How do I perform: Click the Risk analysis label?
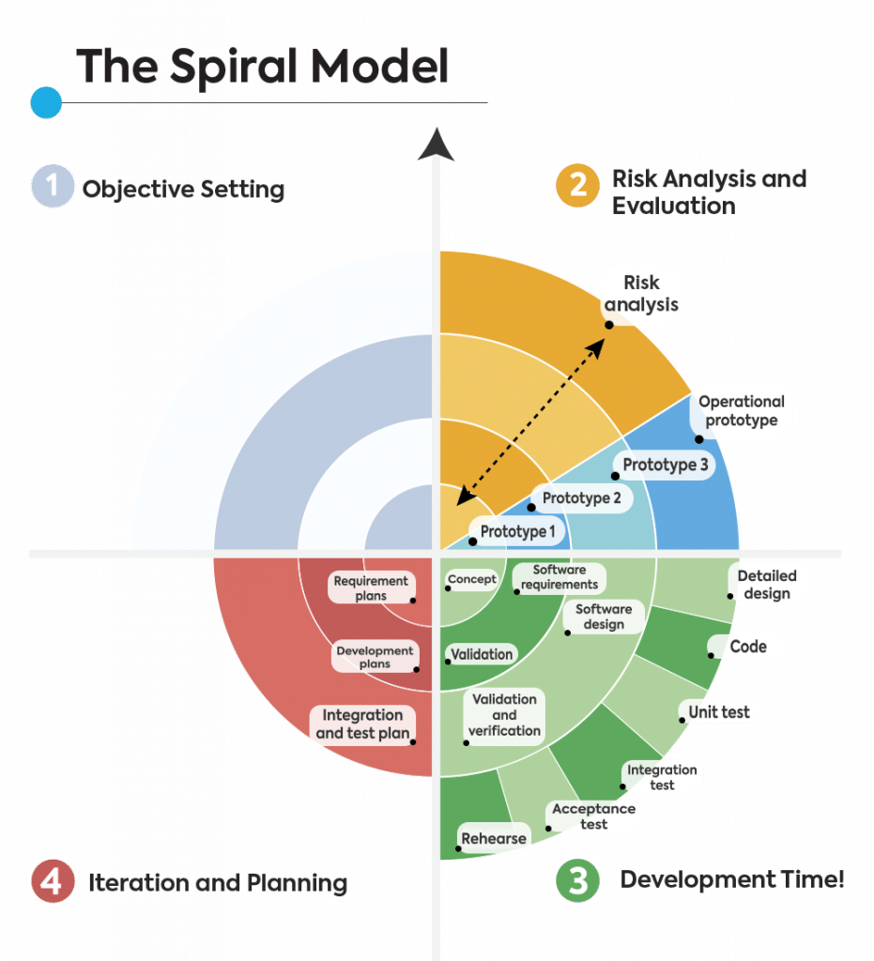[642, 293]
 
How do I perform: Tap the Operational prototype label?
[741, 411]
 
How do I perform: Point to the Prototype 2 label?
[581, 498]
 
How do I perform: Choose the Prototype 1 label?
[518, 532]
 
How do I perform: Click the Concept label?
[471, 579]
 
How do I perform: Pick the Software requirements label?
[559, 577]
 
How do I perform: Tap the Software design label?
[604, 617]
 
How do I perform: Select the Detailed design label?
[766, 584]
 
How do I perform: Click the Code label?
[747, 647]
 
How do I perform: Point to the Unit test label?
[719, 712]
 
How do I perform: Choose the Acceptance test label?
[593, 816]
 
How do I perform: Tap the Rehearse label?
[494, 838]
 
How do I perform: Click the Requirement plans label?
[371, 588]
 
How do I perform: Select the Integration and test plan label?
[362, 724]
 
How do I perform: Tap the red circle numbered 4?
[53, 882]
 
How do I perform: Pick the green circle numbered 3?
[577, 882]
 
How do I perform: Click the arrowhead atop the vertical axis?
[437, 145]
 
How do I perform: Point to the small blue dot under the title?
[46, 102]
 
